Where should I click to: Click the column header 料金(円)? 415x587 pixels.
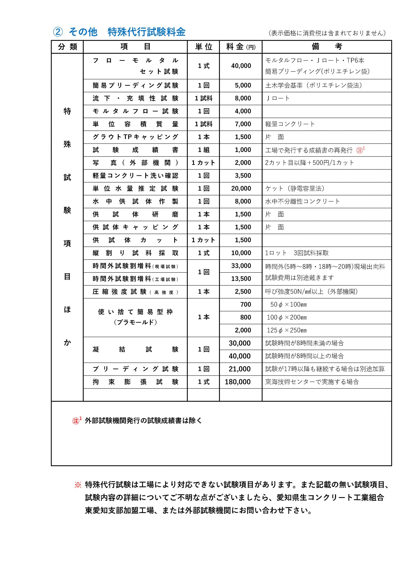coord(241,47)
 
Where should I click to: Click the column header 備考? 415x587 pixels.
coord(326,47)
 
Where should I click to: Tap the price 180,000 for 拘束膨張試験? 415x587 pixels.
coord(238,382)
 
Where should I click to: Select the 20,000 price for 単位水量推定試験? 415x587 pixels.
coord(241,188)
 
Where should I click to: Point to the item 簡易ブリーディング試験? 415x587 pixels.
coord(135,85)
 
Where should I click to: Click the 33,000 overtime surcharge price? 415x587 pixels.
coord(241,266)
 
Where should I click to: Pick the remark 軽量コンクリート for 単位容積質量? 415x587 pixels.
coord(290,124)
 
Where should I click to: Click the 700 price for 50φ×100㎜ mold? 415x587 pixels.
coord(246,305)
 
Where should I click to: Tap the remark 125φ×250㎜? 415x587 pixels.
coord(287,330)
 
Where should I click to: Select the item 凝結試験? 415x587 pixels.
coord(135,349)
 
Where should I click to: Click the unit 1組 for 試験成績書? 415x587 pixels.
coord(204,150)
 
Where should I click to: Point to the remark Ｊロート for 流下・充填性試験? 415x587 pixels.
coord(278,98)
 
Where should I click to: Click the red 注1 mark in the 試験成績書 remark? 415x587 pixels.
coord(360,150)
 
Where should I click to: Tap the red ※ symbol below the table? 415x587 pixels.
coord(77,485)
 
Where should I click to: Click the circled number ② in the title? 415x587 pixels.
coord(58,32)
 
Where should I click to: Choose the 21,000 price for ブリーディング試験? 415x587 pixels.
coord(240,369)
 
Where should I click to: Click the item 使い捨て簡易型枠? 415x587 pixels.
coord(135,312)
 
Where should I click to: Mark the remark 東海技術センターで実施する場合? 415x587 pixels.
coord(312,382)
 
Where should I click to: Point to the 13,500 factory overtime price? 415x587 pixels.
coord(241,279)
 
